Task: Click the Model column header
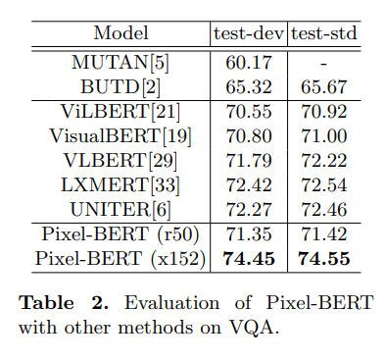point(121,33)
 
